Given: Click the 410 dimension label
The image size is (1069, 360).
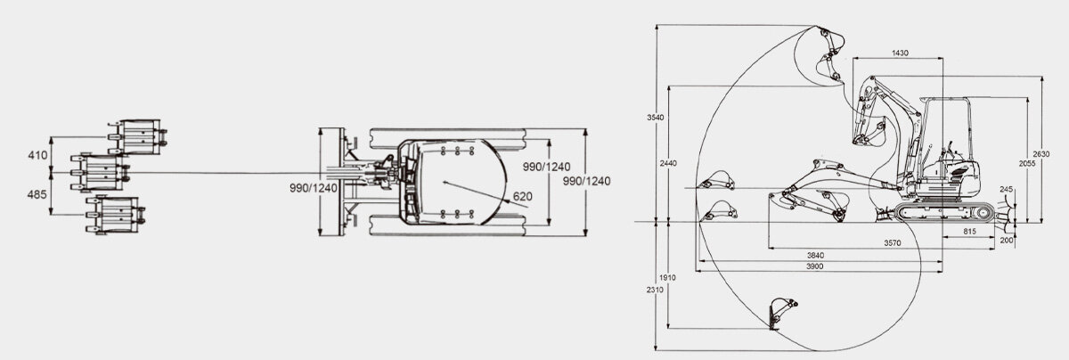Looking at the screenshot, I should (37, 155).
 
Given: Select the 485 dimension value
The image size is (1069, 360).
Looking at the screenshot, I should (37, 193).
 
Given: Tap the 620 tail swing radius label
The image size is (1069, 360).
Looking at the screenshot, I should (523, 196).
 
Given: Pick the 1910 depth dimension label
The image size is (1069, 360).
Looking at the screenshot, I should (667, 277).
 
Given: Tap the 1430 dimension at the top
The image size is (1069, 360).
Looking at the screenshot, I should (900, 53).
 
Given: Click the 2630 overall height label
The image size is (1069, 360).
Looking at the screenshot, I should (1051, 151).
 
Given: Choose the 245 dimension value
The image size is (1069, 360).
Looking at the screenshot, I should (1007, 190).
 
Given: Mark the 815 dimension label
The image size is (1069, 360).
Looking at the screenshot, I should (974, 231).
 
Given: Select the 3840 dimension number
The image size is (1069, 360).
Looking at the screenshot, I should (814, 256).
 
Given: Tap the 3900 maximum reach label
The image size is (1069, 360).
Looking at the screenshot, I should (814, 267).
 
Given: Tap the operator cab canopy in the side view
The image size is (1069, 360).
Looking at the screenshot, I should (947, 125).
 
